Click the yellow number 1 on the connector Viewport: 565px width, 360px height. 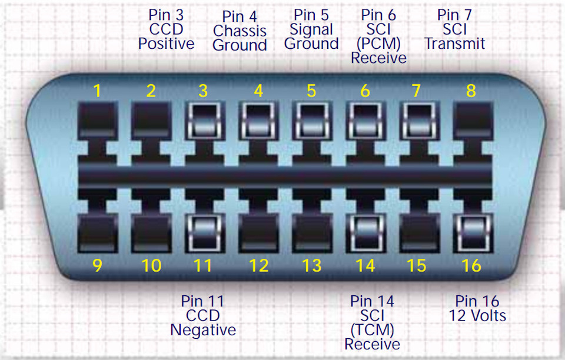[97, 91]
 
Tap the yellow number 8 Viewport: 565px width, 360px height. [471, 91]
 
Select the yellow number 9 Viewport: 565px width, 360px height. [97, 266]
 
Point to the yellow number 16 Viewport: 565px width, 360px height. [471, 266]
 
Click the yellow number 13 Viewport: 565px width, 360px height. [311, 266]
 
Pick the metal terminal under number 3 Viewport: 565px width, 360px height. [204, 121]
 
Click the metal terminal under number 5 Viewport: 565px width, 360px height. [312, 121]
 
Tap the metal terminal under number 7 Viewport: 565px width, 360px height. [420, 121]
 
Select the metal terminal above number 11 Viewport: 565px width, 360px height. [204, 233]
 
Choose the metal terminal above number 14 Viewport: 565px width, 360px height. [365, 233]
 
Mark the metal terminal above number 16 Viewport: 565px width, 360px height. [473, 233]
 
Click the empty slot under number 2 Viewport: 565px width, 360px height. [151, 121]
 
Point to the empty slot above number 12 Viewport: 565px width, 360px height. [258, 233]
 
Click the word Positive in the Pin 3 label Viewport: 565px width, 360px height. [166, 44]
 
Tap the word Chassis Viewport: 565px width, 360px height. [240, 31]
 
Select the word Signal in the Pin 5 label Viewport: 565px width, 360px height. [311, 30]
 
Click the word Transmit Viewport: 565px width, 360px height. [455, 44]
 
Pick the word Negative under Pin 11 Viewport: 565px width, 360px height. [203, 330]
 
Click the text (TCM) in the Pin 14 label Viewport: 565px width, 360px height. [372, 330]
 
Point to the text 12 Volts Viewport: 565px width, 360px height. [477, 316]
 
